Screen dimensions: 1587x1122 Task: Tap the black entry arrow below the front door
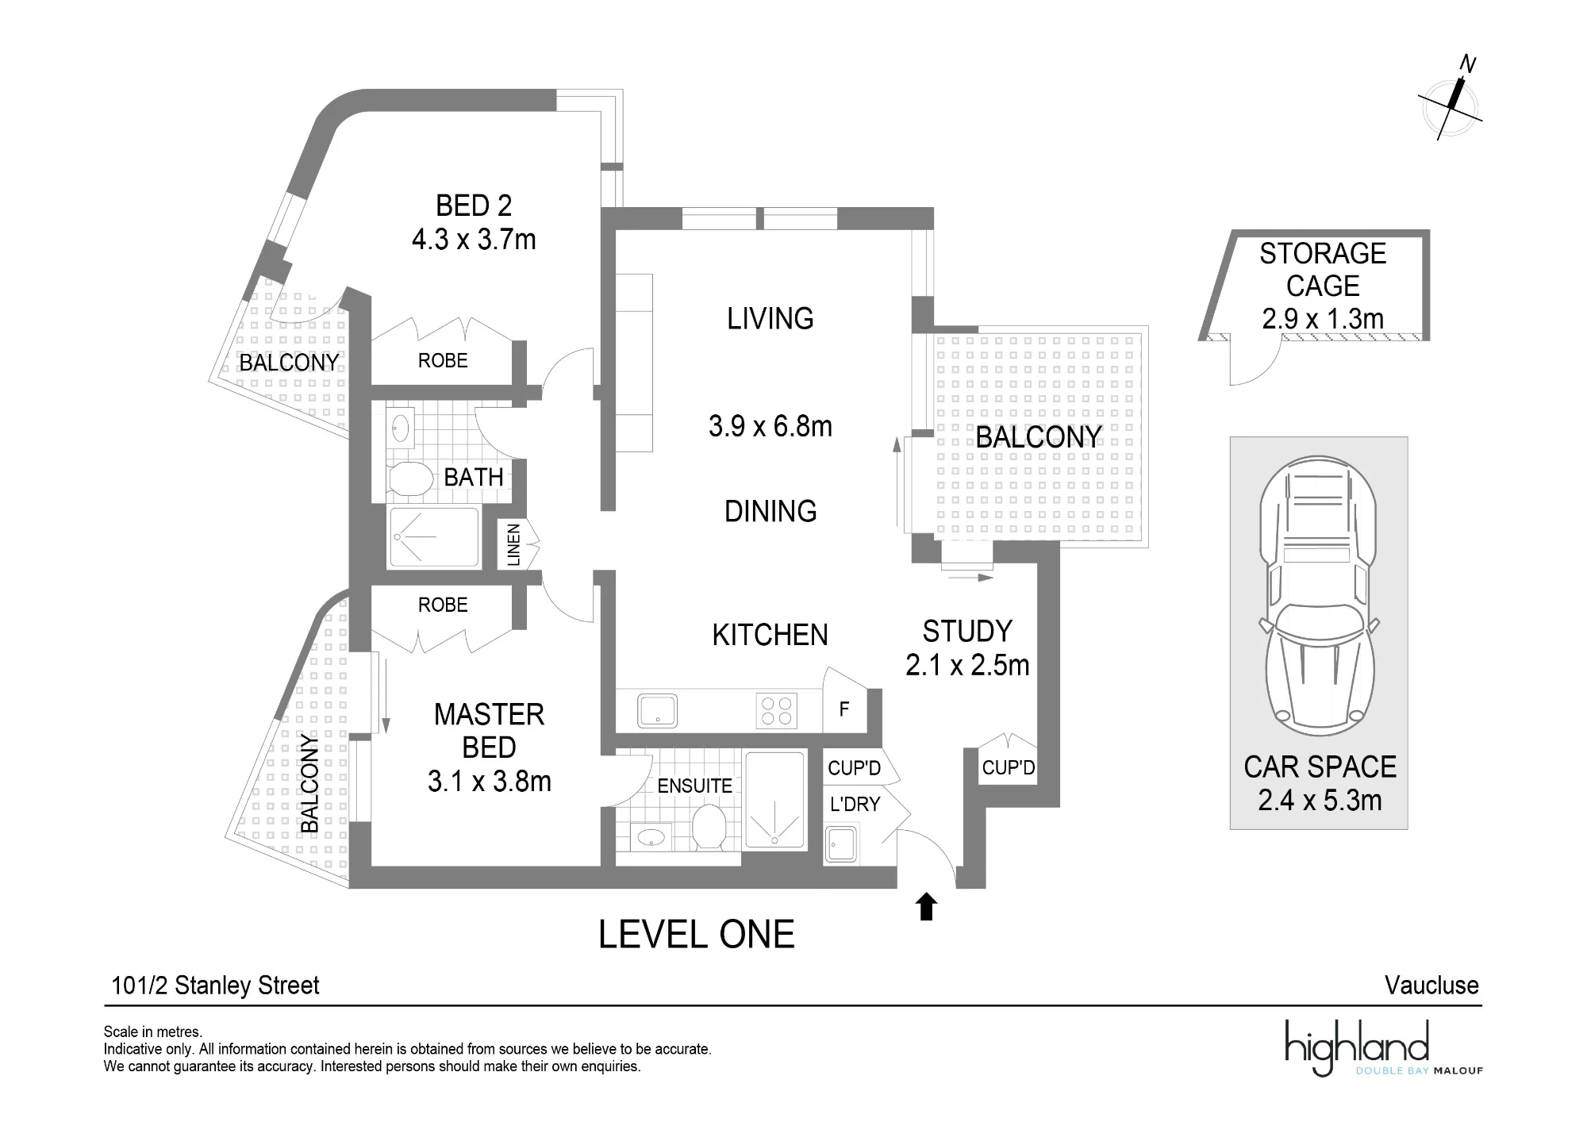[x=926, y=906]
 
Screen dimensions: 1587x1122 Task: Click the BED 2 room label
[x=474, y=206]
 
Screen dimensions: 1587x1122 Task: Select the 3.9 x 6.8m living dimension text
[x=770, y=426]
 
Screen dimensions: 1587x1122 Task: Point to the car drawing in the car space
[x=1320, y=596]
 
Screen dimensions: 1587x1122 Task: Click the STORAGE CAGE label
[x=1323, y=270]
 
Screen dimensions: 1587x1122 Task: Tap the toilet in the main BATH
[x=409, y=478]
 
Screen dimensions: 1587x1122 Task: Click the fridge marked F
[x=844, y=709]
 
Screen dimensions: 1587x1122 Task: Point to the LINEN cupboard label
[x=513, y=544]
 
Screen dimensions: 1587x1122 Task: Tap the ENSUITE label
[x=694, y=786]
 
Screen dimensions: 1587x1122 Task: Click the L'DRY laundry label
[x=855, y=805]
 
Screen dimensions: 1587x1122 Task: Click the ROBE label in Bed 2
[x=443, y=360]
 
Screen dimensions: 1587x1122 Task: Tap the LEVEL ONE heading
[x=696, y=935]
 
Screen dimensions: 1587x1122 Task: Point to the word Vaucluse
[x=1431, y=986]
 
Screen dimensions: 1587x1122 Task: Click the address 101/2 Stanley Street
[x=215, y=986]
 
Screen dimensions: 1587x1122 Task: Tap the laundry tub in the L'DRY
[x=841, y=844]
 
